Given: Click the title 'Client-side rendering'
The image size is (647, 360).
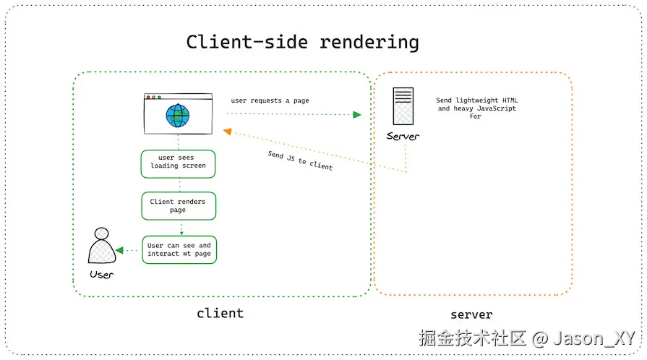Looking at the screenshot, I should [x=302, y=42].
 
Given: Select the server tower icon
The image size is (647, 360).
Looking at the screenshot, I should [x=403, y=107].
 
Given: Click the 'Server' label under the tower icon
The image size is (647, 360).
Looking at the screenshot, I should [x=403, y=137].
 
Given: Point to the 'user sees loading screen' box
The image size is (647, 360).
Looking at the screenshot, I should [x=178, y=162].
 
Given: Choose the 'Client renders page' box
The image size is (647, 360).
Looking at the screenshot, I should [x=178, y=206].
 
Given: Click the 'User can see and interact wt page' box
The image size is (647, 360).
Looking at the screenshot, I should [x=179, y=249].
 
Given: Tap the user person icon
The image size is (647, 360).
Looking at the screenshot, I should [x=101, y=248].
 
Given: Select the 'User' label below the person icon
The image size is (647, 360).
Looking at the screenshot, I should [x=101, y=275].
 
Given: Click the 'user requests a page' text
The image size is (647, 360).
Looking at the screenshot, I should [x=270, y=100].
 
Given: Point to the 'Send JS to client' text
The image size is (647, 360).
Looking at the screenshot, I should [x=300, y=160].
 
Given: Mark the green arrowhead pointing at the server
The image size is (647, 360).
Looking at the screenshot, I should [x=356, y=114].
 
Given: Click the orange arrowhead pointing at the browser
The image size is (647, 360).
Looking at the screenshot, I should [x=227, y=131].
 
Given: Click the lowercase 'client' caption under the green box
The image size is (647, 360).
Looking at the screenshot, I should [x=220, y=313].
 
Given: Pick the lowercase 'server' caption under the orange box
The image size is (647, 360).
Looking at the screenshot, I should [x=471, y=314].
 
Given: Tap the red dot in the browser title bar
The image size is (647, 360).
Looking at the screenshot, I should [x=148, y=97].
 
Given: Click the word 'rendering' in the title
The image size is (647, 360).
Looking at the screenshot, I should [x=369, y=42].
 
